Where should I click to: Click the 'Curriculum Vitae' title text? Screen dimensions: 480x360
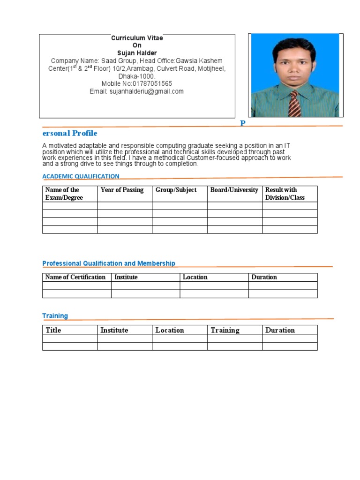pos(137,38)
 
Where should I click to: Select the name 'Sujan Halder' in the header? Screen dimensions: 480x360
pos(137,53)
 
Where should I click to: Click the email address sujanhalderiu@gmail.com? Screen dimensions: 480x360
pos(146,91)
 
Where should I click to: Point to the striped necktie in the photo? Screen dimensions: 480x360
pos(294,103)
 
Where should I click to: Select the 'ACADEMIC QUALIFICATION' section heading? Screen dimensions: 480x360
pos(81,176)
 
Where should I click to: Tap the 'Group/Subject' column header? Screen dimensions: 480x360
pos(176,190)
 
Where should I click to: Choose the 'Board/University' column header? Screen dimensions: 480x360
pos(234,190)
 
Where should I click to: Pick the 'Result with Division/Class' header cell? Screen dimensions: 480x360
pos(285,194)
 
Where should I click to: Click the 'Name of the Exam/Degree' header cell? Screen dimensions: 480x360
pos(64,194)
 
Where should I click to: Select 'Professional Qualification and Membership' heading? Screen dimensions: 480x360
pos(109,263)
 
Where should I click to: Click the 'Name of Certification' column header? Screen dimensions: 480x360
pos(75,277)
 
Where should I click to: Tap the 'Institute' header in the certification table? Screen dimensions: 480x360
pos(126,277)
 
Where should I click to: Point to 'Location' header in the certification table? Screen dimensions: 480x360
pos(195,277)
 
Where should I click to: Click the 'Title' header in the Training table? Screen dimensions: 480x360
pos(53,330)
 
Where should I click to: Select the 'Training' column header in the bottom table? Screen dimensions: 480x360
pos(225,330)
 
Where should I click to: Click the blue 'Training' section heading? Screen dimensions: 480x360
pos(55,316)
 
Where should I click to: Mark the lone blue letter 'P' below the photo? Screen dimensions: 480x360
pos(243,123)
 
